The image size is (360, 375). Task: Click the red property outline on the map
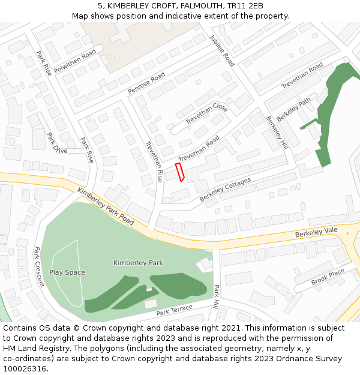coord(179,172)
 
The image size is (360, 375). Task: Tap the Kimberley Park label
coord(138,263)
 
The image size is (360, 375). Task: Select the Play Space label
coord(67,272)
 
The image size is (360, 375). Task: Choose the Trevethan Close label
coord(206,113)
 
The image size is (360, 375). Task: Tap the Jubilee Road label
coord(221,49)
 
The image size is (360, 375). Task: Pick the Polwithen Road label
coord(75,61)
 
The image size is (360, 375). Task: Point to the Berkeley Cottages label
coord(225,189)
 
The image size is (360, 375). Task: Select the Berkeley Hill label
coord(277,133)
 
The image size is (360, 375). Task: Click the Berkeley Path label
coord(294,109)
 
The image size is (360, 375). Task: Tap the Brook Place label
coord(328,277)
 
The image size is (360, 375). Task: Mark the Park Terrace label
coord(175,310)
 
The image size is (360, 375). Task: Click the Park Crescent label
coord(39,266)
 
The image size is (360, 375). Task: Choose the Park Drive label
coord(57,143)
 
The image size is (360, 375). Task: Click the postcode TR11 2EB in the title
coord(245,6)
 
